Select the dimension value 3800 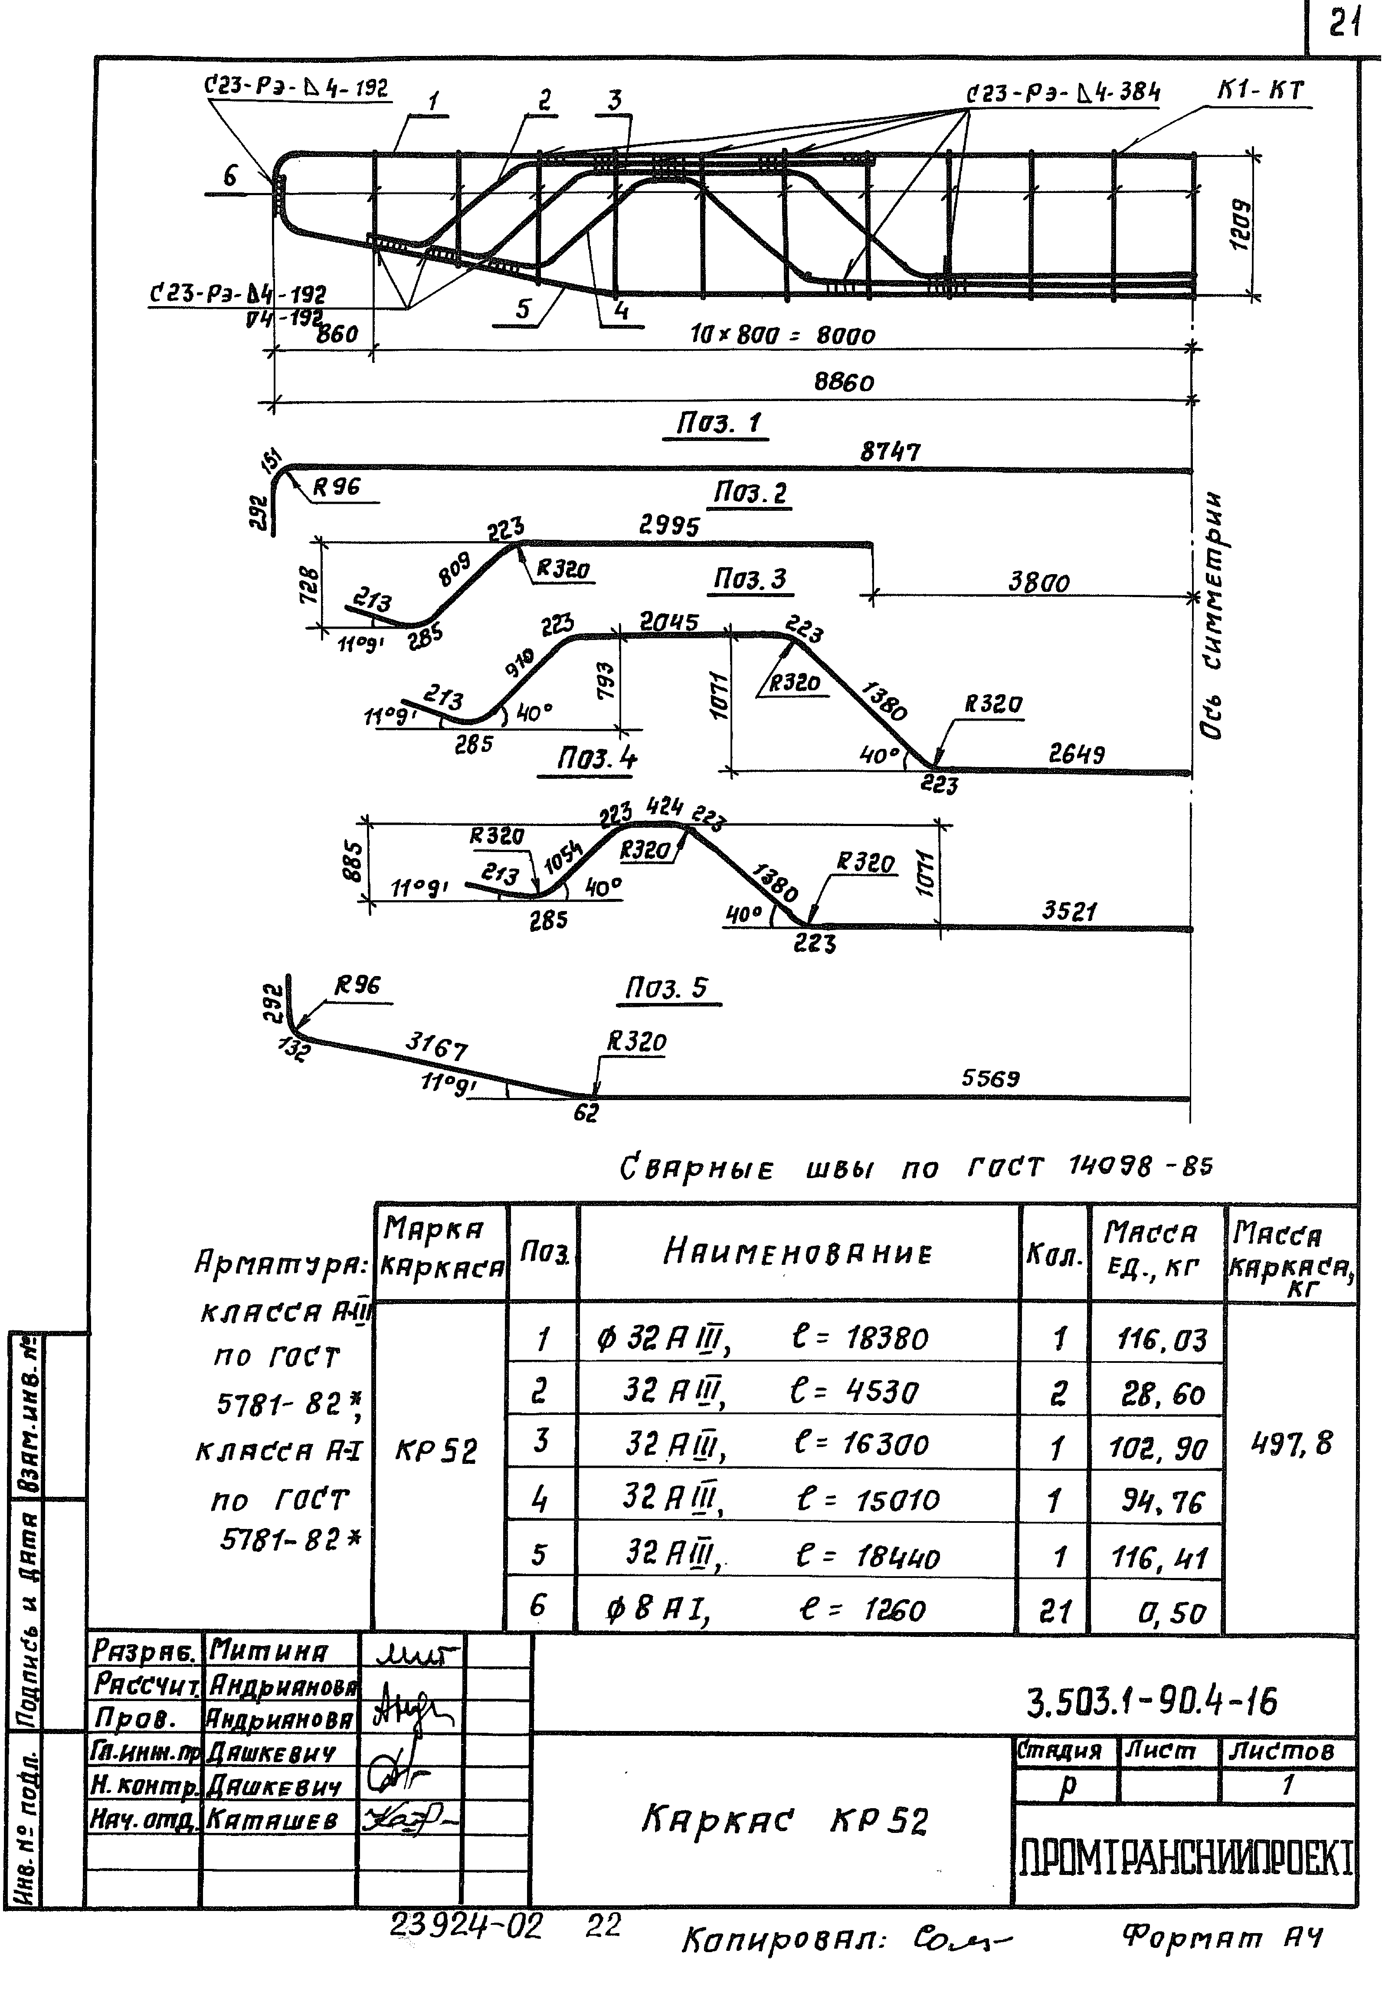point(1038,581)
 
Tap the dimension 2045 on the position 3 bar point(668,621)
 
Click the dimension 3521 point(1069,911)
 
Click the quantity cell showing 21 point(1055,1612)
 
